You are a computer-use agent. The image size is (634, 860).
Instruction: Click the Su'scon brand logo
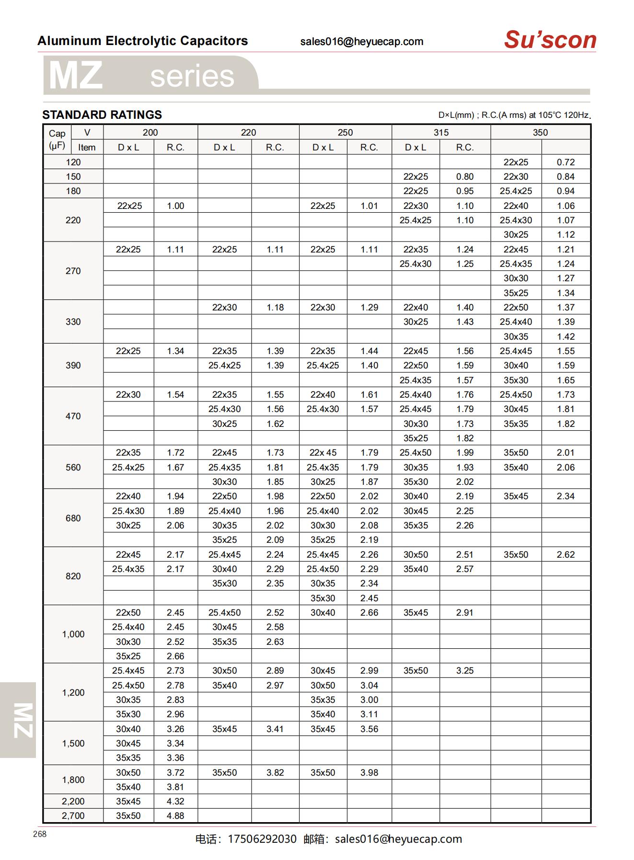tap(550, 40)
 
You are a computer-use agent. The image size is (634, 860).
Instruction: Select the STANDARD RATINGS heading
tap(102, 115)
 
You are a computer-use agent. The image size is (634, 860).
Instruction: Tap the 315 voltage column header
tap(441, 133)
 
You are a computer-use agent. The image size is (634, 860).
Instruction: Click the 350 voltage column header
tap(540, 133)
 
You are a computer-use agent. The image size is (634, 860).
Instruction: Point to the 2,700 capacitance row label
tap(73, 815)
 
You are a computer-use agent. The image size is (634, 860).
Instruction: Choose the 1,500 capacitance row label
tap(73, 743)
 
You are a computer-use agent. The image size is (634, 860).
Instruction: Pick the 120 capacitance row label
tap(73, 162)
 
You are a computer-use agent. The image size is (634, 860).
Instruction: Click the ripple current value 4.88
tap(175, 815)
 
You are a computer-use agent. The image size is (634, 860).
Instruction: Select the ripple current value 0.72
tap(565, 162)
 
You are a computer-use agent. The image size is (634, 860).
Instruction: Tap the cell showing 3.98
tap(369, 772)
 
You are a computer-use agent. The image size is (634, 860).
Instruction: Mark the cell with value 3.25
tap(464, 671)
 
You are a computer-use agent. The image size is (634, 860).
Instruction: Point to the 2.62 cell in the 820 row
tap(565, 554)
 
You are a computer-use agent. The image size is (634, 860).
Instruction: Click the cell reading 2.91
tap(464, 612)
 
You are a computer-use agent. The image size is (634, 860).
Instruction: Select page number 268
tap(40, 834)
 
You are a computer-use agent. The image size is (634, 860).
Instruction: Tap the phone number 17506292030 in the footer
tap(262, 839)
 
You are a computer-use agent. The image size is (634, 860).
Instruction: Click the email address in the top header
tap(362, 42)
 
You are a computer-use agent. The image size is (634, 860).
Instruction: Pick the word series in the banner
tap(192, 76)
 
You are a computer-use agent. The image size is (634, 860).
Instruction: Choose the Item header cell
tap(87, 148)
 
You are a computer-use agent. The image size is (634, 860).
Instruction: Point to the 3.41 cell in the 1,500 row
tap(275, 729)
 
